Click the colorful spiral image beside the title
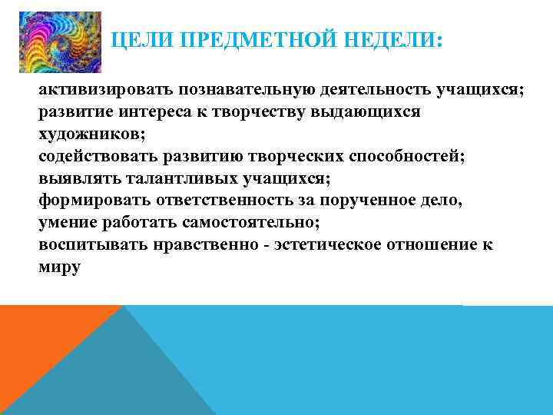60,42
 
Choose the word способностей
399,157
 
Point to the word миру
59,268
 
